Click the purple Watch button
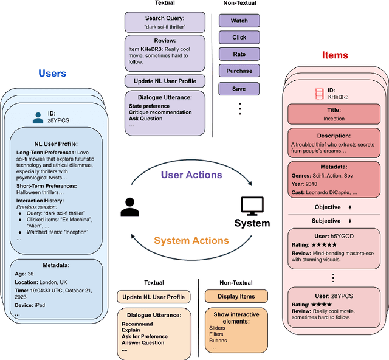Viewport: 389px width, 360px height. pos(239,21)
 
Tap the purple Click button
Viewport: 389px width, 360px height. pos(239,38)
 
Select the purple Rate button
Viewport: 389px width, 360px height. pos(239,54)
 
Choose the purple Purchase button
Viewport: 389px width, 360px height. pos(239,71)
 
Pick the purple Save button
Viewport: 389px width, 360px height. pos(239,88)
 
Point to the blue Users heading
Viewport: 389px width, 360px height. pos(52,74)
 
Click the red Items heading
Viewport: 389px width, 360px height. pos(334,55)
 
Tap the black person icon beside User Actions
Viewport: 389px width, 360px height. pos(129,207)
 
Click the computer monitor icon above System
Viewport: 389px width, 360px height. pos(252,205)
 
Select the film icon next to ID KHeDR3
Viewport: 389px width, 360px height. pos(319,94)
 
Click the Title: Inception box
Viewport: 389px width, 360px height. pos(334,115)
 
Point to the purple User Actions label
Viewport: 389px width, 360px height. pos(191,175)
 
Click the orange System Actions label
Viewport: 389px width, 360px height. pos(191,241)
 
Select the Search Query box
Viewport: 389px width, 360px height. pos(165,22)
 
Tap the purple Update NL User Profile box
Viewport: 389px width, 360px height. pos(165,81)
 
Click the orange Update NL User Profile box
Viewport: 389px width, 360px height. pos(154,297)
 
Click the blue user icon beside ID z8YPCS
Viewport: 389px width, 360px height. pos(38,116)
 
